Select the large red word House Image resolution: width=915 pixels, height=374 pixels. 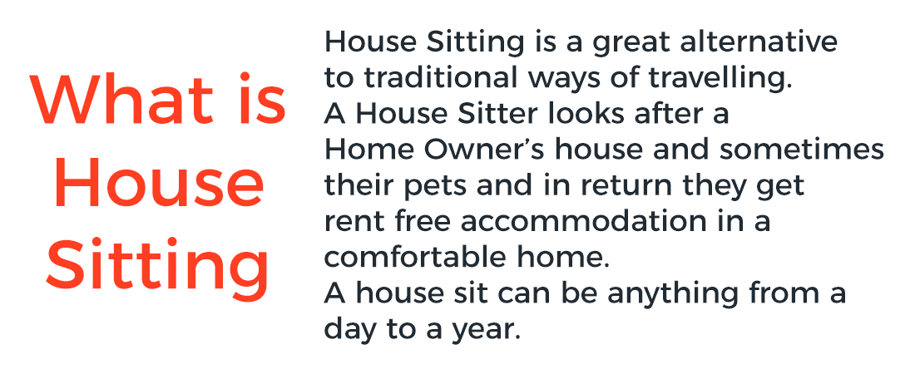pyautogui.click(x=159, y=182)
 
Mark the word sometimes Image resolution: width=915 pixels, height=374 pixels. pyautogui.click(x=801, y=150)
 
